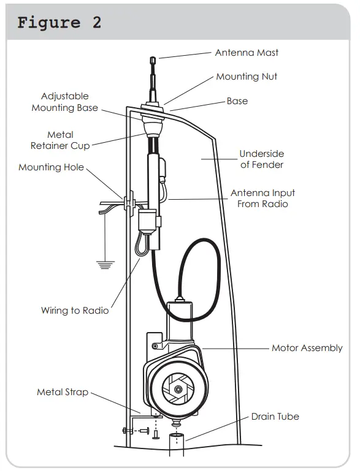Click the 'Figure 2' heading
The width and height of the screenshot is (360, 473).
pyautogui.click(x=59, y=23)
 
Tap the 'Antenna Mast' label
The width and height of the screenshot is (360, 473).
pyautogui.click(x=247, y=53)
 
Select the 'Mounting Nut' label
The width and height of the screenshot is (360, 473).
pyautogui.click(x=247, y=77)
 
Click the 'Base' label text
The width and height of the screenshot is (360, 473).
pyautogui.click(x=237, y=101)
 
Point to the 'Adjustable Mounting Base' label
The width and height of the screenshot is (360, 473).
pyautogui.click(x=65, y=102)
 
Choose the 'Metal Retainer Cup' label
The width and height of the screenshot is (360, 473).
pyautogui.click(x=60, y=140)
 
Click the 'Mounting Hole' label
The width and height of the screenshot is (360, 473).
pyautogui.click(x=51, y=167)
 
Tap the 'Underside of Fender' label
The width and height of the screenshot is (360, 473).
pyautogui.click(x=261, y=159)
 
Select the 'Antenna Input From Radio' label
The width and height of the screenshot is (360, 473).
pyautogui.click(x=262, y=199)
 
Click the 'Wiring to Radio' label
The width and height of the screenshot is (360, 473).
pyautogui.click(x=75, y=311)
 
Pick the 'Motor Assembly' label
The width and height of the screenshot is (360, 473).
pyautogui.click(x=307, y=348)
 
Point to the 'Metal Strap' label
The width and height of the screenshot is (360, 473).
pyautogui.click(x=63, y=392)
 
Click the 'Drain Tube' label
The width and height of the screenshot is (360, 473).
pyautogui.click(x=275, y=417)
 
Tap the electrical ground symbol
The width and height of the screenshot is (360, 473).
pyautogui.click(x=106, y=265)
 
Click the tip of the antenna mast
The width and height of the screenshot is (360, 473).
pyautogui.click(x=153, y=59)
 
